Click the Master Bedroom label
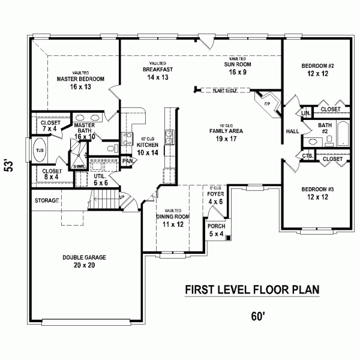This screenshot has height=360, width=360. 80,79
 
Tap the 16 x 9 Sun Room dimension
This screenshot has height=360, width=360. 237,71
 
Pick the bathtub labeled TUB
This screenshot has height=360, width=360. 40,150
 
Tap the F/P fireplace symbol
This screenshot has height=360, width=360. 268,103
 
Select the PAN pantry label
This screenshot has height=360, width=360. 127,161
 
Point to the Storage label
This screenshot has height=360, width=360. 46,200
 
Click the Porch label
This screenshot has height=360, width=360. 215,227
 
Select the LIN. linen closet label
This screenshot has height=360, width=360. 305,112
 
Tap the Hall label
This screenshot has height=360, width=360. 293,131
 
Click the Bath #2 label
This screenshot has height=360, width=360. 326,125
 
